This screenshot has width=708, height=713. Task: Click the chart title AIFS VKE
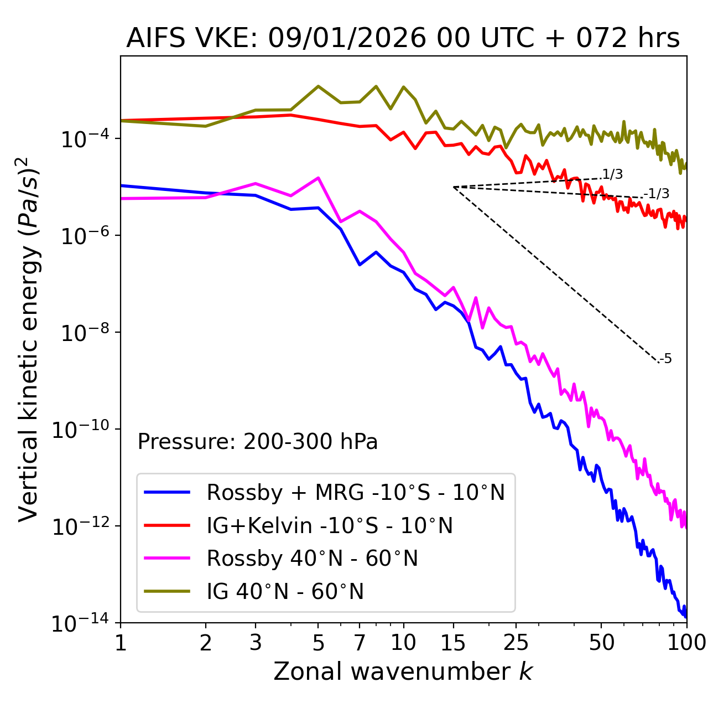(x=403, y=39)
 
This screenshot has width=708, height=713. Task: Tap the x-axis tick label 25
(x=516, y=643)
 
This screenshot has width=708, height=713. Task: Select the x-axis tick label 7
(x=360, y=643)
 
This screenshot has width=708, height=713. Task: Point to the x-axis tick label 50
(x=601, y=643)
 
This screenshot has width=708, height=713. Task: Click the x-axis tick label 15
(x=453, y=643)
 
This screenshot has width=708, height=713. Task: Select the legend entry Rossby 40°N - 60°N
(x=312, y=559)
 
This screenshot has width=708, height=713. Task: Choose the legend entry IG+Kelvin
(x=330, y=525)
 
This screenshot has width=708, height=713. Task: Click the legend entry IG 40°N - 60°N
(x=285, y=592)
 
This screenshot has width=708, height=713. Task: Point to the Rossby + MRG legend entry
(x=356, y=492)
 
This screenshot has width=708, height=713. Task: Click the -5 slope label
(x=666, y=359)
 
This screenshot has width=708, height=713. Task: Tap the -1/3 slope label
(x=657, y=194)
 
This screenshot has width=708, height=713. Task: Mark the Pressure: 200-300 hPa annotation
(x=258, y=442)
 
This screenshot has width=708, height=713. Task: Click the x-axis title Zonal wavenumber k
(x=403, y=671)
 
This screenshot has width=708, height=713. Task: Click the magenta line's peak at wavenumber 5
(x=318, y=178)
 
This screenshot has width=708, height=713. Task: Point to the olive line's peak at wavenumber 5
(x=318, y=86)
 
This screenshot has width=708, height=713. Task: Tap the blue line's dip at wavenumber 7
(x=360, y=265)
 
